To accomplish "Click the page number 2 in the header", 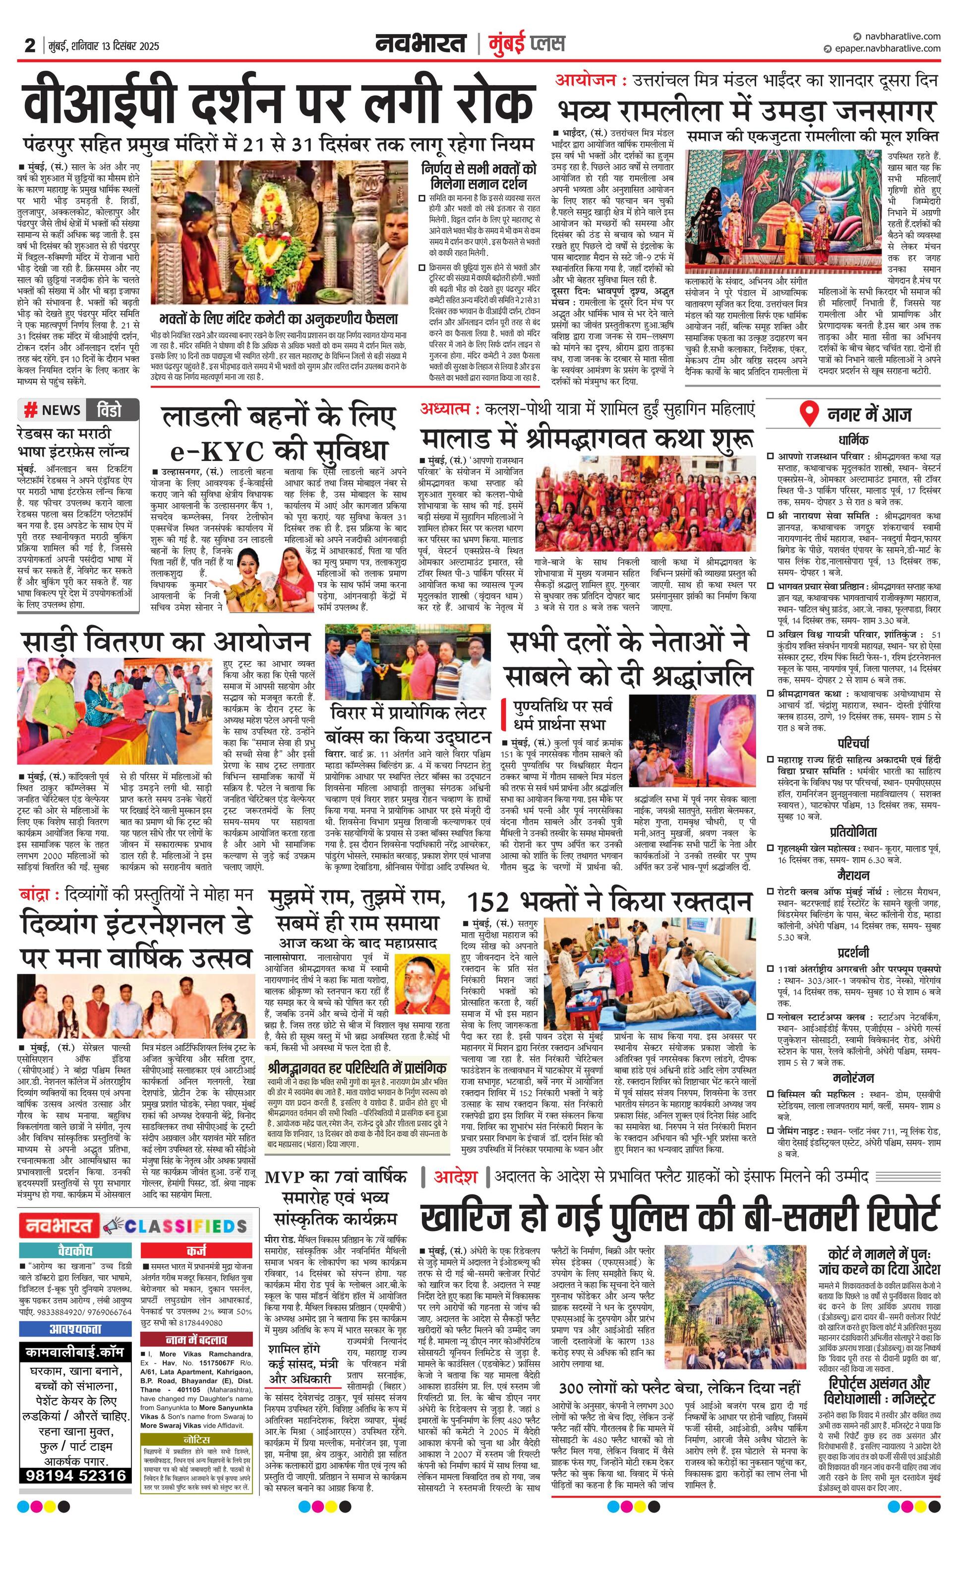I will click(x=29, y=45).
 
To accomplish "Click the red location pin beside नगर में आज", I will click(x=809, y=414).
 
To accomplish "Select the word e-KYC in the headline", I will click(x=218, y=451).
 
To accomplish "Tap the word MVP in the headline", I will click(x=287, y=1177).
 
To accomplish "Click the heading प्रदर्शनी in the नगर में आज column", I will click(x=853, y=953).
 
